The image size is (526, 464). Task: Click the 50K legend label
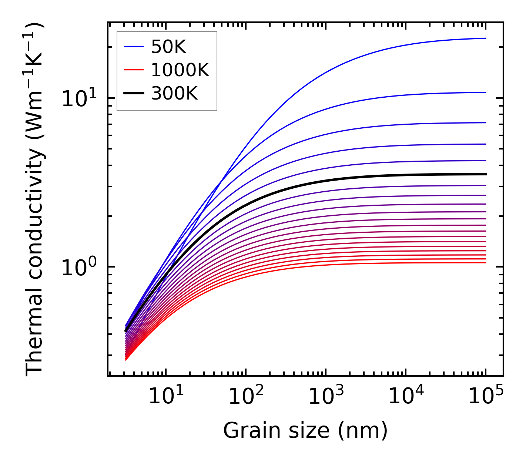point(168,47)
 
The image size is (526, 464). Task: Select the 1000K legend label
point(180,70)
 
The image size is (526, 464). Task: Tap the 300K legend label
point(174,94)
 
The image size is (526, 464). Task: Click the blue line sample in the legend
point(133,47)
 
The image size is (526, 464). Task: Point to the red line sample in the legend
point(133,70)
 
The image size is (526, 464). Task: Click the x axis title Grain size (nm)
point(305,431)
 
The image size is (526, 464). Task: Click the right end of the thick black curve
point(485,174)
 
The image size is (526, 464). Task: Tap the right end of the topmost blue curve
point(485,38)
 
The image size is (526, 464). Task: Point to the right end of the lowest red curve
point(485,263)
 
